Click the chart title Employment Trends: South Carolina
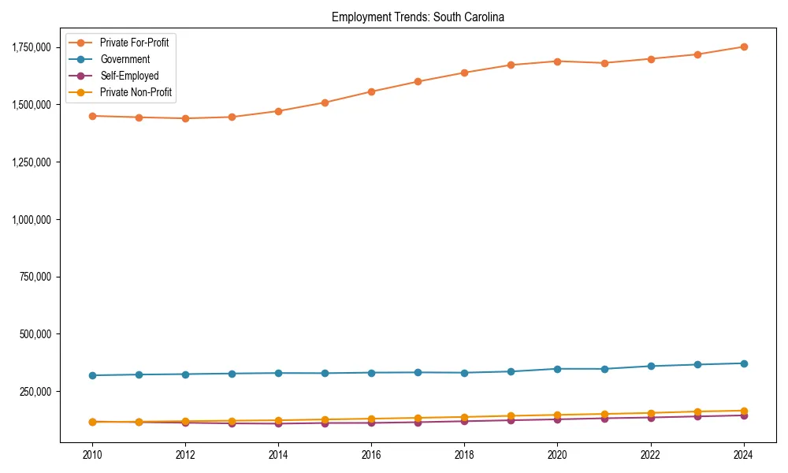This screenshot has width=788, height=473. click(x=418, y=17)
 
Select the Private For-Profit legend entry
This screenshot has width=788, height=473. click(x=134, y=43)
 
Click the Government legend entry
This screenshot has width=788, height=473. click(x=125, y=59)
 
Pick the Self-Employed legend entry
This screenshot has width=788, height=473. click(x=129, y=76)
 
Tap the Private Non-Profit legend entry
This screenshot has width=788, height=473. click(x=136, y=92)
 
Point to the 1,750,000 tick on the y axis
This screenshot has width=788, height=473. click(x=31, y=47)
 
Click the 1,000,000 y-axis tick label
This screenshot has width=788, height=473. click(x=31, y=219)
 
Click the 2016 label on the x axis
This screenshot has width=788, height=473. click(x=371, y=455)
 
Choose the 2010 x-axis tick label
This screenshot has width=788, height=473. click(x=92, y=455)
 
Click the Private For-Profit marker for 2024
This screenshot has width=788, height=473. click(x=743, y=47)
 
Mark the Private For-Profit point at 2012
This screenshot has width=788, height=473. click(x=185, y=118)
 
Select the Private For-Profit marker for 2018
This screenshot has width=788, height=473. click(x=464, y=73)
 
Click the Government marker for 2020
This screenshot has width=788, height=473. click(x=557, y=369)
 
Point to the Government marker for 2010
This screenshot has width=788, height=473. click(x=92, y=375)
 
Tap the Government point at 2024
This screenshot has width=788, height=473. click(x=743, y=363)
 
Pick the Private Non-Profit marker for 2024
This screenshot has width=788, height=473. click(x=743, y=411)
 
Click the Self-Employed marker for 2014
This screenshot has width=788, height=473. click(x=278, y=424)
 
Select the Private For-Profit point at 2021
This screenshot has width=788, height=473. click(x=604, y=63)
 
